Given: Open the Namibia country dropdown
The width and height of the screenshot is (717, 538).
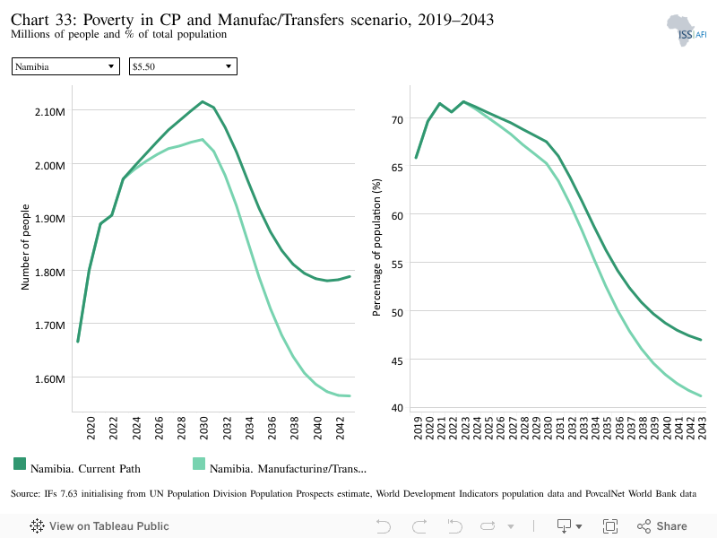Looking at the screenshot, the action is coord(65,66).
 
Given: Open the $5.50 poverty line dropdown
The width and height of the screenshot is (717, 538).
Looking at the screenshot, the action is coord(183,66).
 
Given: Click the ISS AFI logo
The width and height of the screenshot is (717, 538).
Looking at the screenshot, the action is coord(687,30).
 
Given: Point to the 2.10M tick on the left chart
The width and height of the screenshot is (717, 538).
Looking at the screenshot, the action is coord(50,111).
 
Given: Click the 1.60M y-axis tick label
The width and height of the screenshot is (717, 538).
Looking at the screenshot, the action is coord(50,378).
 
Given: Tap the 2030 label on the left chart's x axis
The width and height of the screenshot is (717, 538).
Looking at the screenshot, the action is coord(204,428).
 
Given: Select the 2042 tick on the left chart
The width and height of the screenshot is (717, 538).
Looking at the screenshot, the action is coord(340,428).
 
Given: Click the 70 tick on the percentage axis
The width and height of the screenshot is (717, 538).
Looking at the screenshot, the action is coord(397,120).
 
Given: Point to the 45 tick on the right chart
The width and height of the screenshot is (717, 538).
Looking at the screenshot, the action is coord(397,361).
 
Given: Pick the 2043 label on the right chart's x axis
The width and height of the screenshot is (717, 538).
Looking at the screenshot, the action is coord(702,428).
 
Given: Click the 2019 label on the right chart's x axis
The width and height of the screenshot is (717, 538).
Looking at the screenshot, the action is coord(418,428).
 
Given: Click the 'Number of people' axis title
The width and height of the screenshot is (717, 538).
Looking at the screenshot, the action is coord(25,247).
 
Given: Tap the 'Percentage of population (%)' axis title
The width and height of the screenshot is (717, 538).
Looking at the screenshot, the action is coord(376,247).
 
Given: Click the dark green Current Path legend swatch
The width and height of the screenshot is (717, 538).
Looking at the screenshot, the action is coord(20,464).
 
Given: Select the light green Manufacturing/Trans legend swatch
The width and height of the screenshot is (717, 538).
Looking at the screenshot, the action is coord(199,464).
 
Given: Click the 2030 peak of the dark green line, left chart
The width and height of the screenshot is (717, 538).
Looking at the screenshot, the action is coord(203,101).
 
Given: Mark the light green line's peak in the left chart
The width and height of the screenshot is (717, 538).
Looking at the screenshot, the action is coord(203,140).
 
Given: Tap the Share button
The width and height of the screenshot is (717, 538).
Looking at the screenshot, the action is coord(662,526).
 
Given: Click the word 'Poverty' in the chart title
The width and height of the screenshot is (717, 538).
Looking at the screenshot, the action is coord(108,20).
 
